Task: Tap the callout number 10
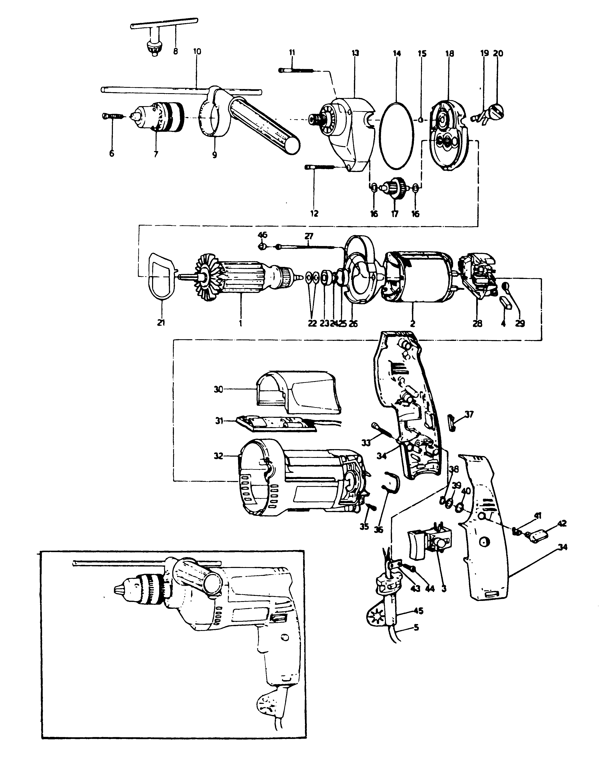pos(197,51)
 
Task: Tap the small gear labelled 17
pos(395,187)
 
